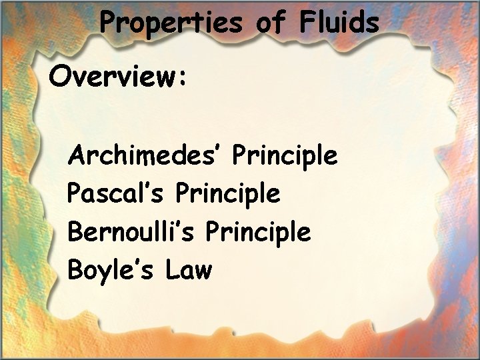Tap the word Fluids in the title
point(339,23)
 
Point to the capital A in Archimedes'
point(76,155)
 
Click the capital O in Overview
point(59,77)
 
